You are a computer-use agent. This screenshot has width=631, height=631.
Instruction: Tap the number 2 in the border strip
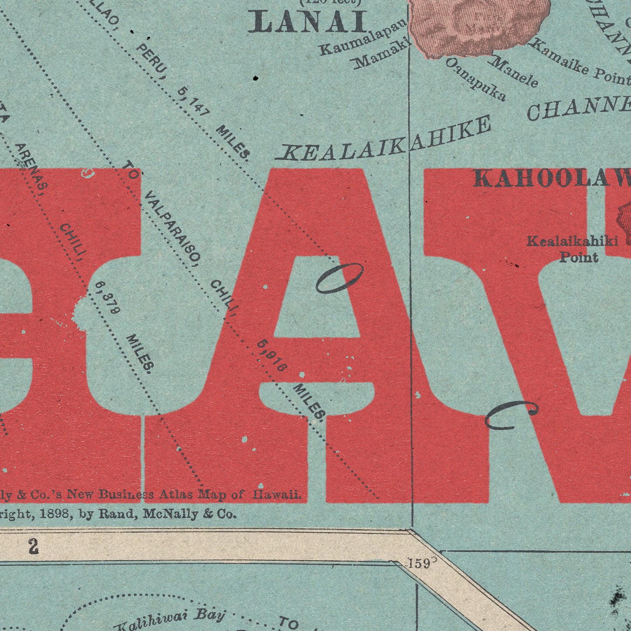(34, 547)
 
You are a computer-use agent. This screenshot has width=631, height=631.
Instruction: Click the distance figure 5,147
(193, 102)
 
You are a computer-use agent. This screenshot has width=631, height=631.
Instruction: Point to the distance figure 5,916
(272, 355)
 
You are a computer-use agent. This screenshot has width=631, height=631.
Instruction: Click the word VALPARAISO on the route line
(172, 228)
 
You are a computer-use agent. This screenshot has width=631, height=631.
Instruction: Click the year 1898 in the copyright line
(55, 514)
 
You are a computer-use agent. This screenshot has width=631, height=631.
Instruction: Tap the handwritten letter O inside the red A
(339, 278)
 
